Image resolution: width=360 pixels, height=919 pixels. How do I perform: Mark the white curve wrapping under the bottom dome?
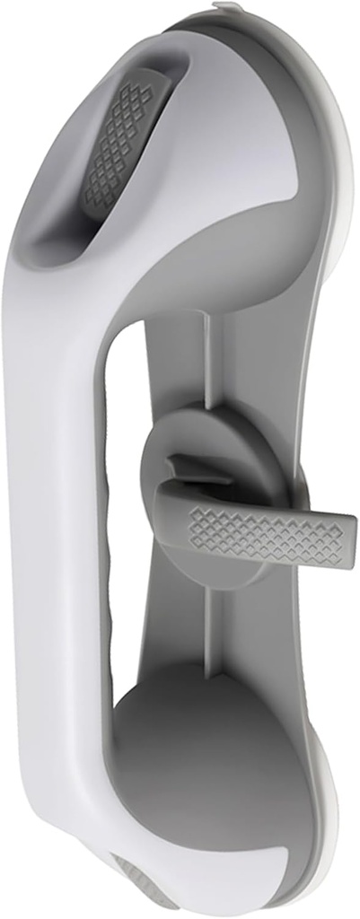pyautogui.click(x=135, y=862)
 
